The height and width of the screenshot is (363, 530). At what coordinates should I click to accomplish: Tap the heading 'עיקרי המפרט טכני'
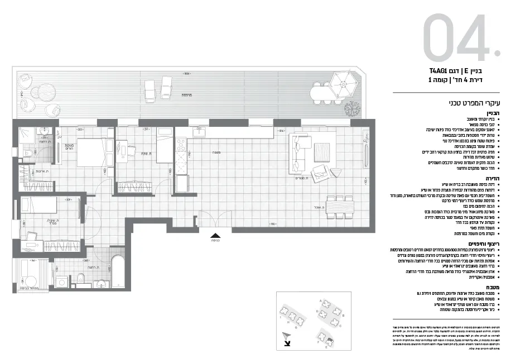coord(475,103)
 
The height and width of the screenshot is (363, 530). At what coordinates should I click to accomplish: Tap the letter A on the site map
coord(319,300)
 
